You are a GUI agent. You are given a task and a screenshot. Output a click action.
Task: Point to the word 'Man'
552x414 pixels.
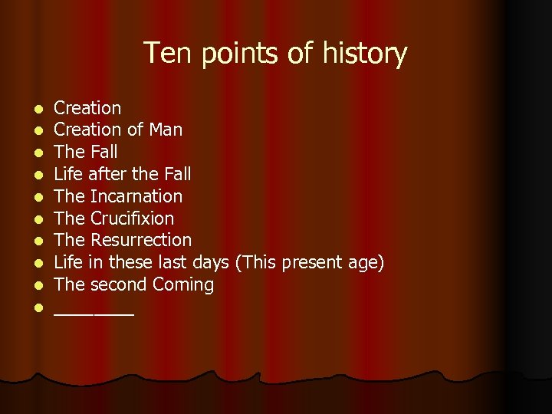point(166,130)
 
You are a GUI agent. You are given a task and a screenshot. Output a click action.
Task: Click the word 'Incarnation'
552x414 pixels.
point(136,196)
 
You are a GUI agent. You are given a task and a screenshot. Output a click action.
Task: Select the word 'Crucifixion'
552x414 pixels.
point(132,219)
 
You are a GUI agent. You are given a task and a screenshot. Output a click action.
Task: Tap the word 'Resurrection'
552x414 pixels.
point(140,240)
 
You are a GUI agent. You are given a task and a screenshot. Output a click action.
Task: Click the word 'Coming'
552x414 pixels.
point(182,284)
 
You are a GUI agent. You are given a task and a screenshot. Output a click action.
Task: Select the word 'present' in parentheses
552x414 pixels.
point(310,262)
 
